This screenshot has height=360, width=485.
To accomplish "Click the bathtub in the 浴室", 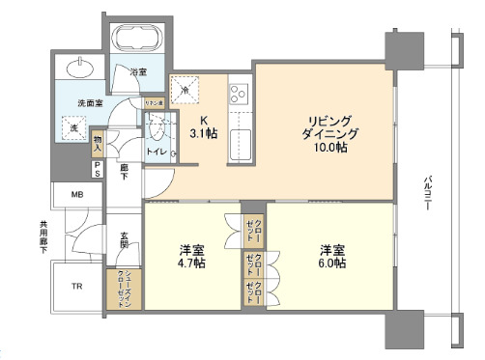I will point(138,42).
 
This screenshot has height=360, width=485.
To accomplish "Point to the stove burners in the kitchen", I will point(238,95).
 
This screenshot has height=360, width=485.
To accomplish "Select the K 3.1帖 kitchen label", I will point(205,126).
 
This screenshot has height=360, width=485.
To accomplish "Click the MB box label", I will point(76,194).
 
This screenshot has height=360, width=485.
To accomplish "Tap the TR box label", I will point(76,287).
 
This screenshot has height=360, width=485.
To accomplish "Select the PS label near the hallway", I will point(98,169).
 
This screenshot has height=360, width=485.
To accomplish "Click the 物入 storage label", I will point(98,145).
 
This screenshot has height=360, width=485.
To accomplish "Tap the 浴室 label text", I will point(138,70).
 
